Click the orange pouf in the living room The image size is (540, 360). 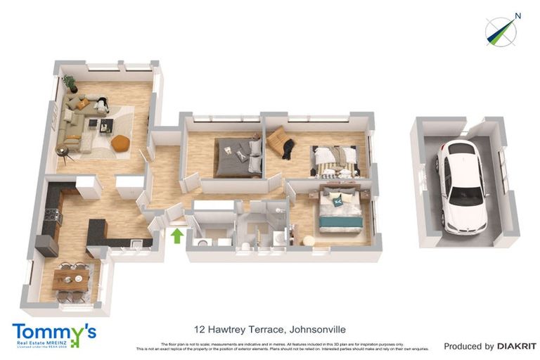coord(120,143)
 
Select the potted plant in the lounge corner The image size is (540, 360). coord(70,84)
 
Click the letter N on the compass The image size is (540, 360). coord(517,15)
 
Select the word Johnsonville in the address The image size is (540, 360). coord(316,329)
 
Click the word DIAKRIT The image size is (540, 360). coord(517,346)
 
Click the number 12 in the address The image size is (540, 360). coord(199,329)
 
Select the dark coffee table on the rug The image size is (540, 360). coord(105,126)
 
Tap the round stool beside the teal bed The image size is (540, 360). coord(308,240)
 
